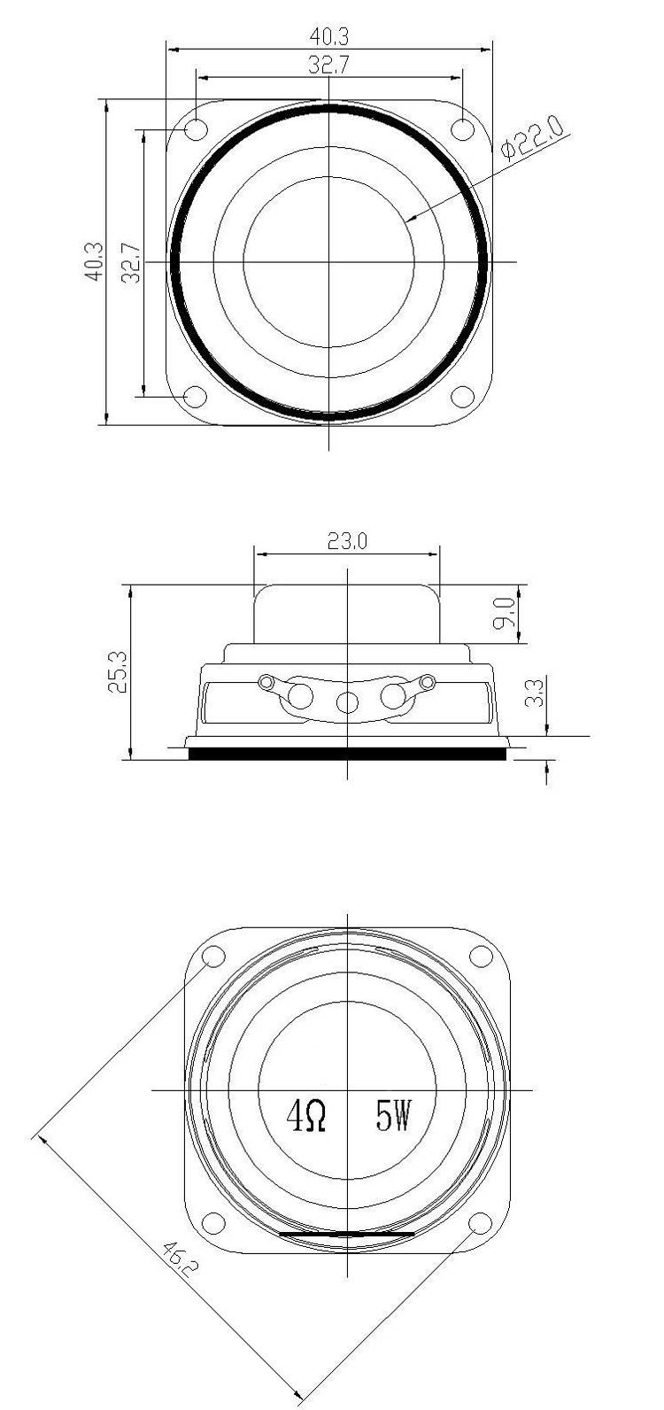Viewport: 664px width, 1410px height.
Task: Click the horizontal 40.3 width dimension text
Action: click(329, 36)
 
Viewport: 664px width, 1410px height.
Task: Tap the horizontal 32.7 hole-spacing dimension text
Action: click(329, 65)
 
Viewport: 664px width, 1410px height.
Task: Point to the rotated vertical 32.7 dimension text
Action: click(130, 262)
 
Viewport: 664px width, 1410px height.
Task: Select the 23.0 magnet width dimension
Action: click(347, 541)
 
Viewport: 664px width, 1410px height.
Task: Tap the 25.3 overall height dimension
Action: click(118, 670)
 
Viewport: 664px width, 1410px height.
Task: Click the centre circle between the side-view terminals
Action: click(348, 703)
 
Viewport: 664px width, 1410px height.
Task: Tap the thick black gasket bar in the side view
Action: click(347, 753)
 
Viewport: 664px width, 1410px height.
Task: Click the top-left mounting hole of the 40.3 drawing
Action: click(196, 129)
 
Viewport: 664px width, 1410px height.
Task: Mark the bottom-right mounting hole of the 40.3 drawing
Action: click(463, 396)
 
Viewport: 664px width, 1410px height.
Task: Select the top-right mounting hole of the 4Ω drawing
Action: click(481, 957)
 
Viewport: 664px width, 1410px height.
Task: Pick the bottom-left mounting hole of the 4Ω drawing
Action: click(213, 1223)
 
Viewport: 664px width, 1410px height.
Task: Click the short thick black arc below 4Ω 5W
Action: click(346, 1233)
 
